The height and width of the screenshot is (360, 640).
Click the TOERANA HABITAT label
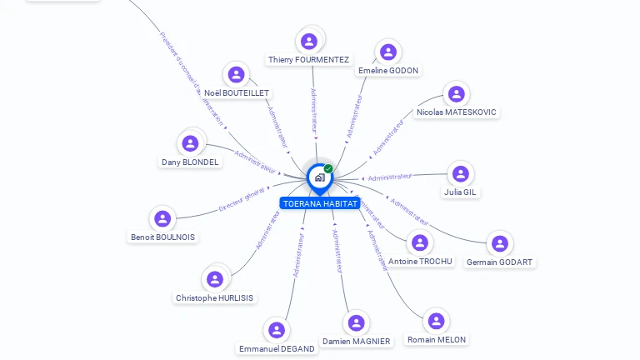click(320, 203)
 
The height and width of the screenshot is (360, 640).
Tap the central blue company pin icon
click(319, 177)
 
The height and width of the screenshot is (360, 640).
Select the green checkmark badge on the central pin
click(328, 168)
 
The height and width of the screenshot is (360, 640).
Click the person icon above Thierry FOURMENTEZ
click(309, 41)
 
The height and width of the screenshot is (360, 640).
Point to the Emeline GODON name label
click(388, 71)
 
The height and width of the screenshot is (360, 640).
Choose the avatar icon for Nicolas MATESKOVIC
click(455, 93)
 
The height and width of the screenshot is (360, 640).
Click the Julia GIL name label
click(460, 192)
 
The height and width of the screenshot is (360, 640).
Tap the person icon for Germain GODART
click(499, 243)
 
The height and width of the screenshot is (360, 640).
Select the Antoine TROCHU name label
click(420, 262)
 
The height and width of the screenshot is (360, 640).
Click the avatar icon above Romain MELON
click(436, 321)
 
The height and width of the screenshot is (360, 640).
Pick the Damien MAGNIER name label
click(356, 342)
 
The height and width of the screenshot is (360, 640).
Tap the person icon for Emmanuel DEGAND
click(277, 330)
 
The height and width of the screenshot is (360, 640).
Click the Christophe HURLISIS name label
click(215, 298)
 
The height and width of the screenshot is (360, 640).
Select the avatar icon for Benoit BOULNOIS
click(162, 218)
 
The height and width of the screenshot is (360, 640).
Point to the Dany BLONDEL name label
click(191, 162)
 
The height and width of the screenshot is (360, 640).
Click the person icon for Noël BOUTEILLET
click(237, 74)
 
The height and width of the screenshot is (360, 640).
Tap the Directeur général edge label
click(242, 200)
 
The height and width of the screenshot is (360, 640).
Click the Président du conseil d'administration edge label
click(191, 78)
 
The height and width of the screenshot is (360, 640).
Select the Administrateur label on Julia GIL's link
click(389, 177)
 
